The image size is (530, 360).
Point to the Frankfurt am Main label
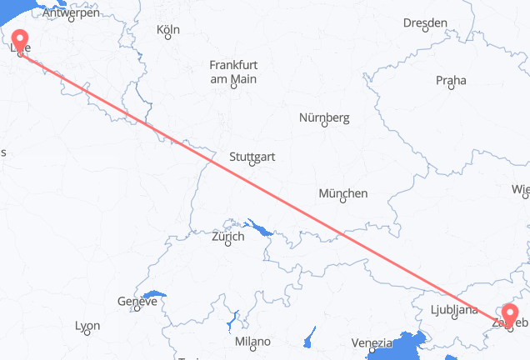232,72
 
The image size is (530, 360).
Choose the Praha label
450,80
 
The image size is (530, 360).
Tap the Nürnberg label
324,117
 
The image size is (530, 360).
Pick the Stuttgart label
253,155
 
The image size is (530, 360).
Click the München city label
342,193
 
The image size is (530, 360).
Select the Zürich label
227,237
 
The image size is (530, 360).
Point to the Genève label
137,302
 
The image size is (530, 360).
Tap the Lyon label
87,326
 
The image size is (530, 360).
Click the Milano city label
252,342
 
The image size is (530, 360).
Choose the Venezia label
372,342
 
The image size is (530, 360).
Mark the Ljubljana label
455,310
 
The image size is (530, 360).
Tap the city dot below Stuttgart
253,163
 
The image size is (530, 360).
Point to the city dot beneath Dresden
425,32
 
